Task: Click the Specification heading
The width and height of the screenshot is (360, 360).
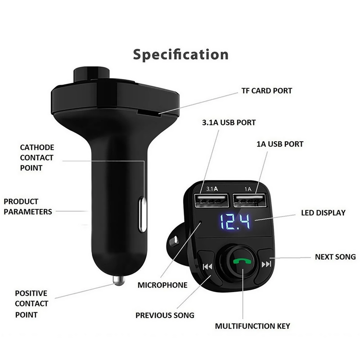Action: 180,54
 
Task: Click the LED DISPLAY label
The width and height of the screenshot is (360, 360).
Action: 323,213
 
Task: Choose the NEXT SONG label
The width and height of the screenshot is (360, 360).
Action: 335,257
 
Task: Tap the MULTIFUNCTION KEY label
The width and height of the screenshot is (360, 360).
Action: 252,326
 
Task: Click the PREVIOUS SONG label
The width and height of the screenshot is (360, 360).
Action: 165,315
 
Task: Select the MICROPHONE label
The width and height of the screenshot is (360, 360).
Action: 162,285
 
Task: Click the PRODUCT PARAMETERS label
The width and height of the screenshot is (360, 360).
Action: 28,207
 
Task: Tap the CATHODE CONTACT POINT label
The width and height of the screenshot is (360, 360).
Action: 37,157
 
